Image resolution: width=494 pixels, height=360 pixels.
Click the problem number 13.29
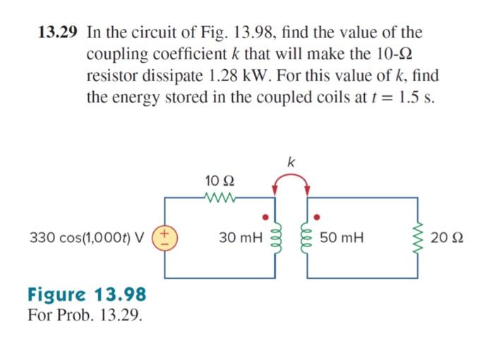point(59,32)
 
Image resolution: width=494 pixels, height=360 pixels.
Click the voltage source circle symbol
point(165,237)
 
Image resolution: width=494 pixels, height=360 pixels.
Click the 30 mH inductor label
point(240,237)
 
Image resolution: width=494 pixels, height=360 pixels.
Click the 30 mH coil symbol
point(275,238)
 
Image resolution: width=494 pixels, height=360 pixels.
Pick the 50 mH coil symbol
point(306,238)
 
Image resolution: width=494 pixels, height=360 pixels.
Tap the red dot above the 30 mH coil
point(266,217)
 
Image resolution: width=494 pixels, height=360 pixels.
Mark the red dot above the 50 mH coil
point(316,216)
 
